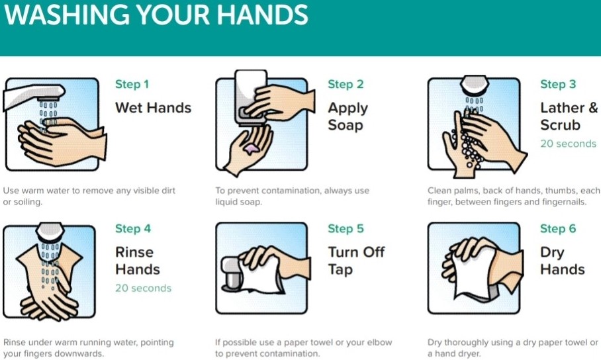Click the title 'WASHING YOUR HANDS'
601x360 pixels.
coord(156,16)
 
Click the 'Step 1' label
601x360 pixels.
coord(132,84)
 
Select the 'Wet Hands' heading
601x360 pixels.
coord(153,108)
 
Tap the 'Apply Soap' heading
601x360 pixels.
coord(347,116)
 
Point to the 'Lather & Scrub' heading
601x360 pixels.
coord(568,116)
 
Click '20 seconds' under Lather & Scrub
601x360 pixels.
coord(568,144)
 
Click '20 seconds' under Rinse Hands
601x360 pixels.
coord(143,288)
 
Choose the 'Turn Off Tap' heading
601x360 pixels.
coord(356,261)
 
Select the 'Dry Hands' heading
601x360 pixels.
coord(562,261)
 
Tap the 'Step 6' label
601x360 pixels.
coord(557,228)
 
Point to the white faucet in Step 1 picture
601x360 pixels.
coord(30,94)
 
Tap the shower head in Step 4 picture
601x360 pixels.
coord(49,232)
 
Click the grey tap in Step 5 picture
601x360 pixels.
coord(233,273)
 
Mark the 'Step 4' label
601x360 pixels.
coord(132,228)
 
